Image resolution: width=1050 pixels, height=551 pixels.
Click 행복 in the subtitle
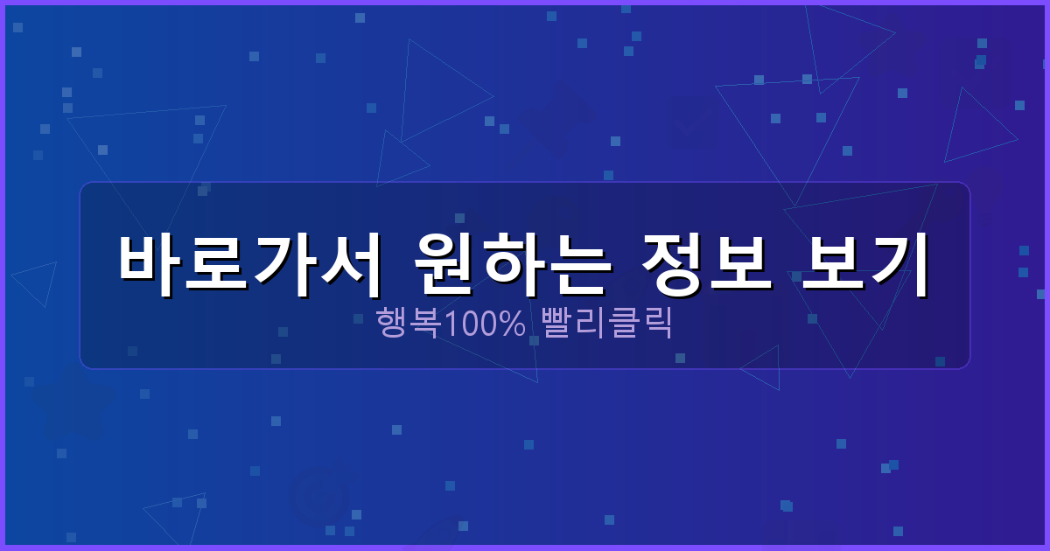[x=408, y=324]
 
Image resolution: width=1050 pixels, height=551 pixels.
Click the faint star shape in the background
[x=72, y=402]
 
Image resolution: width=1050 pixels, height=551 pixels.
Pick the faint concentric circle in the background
[x=318, y=497]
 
